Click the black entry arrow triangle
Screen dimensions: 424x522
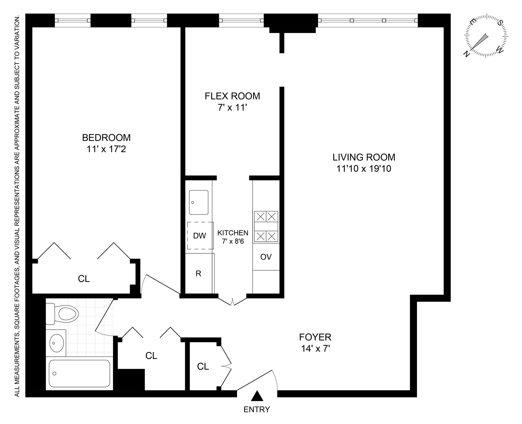(x=257, y=396)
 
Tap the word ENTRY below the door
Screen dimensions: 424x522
(x=257, y=409)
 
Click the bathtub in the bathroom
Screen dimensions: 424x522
(x=79, y=373)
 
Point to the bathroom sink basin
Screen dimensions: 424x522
(x=57, y=343)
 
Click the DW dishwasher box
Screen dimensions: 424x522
(x=200, y=236)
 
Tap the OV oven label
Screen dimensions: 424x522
(x=266, y=257)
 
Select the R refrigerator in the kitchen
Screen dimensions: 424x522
(x=199, y=274)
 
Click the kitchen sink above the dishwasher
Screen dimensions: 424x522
(x=199, y=202)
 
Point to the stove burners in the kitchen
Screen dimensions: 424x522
(x=266, y=226)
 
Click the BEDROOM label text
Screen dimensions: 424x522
(x=106, y=138)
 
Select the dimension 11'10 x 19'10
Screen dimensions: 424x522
(x=364, y=169)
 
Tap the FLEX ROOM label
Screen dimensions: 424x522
(x=232, y=96)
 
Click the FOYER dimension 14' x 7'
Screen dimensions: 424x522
(x=315, y=349)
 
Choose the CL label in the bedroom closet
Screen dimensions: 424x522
(x=84, y=279)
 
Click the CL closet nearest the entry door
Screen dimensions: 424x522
(x=203, y=367)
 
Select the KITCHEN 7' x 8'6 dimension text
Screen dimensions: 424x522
(x=233, y=241)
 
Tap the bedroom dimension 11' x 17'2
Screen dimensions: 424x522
(x=106, y=149)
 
